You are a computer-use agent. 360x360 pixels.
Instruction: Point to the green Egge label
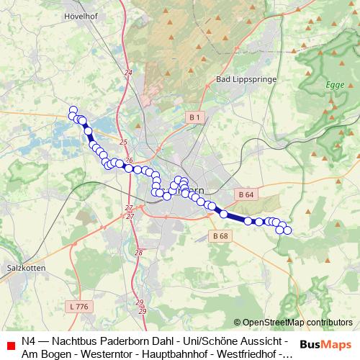(336, 85)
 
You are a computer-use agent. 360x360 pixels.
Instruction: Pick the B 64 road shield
(245, 194)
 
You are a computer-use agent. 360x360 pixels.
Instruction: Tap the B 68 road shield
(220, 235)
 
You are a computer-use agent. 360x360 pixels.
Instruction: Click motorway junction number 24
(128, 73)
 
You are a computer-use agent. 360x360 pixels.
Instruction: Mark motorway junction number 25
(123, 143)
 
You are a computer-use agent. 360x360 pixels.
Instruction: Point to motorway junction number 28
(138, 252)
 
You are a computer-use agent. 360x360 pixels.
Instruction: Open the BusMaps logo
(325, 346)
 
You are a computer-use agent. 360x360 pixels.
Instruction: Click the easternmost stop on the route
(287, 230)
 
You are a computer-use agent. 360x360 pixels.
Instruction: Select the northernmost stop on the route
(73, 110)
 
